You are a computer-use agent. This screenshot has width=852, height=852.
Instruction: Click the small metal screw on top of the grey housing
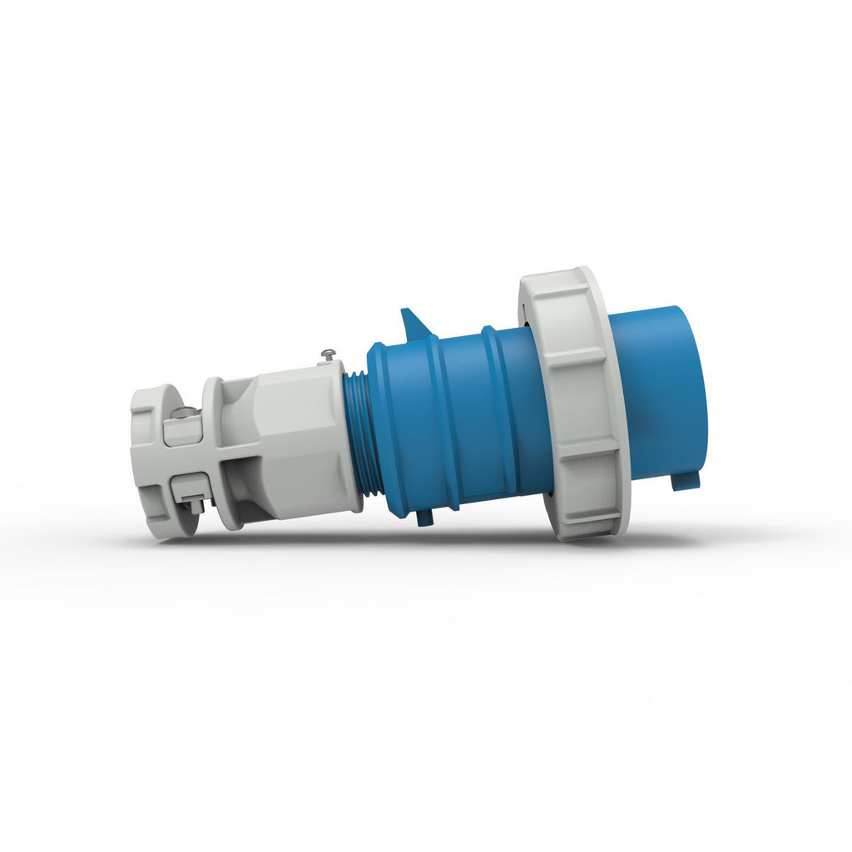[x=328, y=356]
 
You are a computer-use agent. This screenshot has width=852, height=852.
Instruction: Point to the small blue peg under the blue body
[x=424, y=517]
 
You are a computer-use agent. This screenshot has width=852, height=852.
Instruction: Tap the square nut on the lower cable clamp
[x=194, y=504]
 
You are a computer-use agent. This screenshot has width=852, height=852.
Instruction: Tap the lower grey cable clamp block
[x=187, y=487]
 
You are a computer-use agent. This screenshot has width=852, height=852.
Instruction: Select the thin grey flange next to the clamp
[x=215, y=453]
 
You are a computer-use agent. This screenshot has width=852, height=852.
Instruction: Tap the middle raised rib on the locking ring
[x=582, y=449]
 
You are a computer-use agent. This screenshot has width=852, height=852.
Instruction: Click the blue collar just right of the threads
[x=391, y=428]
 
